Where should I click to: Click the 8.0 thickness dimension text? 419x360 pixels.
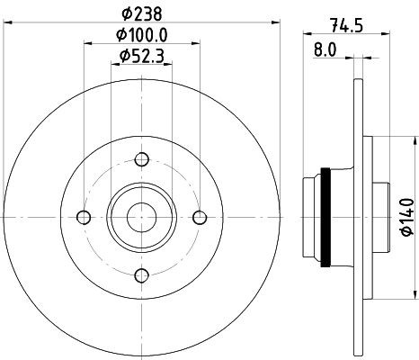325,50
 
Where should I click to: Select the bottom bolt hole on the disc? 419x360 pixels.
141,274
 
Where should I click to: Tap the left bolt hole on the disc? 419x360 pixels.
85,217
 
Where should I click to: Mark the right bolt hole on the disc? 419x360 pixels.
199,217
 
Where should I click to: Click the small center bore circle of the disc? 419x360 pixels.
141,217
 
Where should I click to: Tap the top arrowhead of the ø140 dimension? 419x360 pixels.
397,140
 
